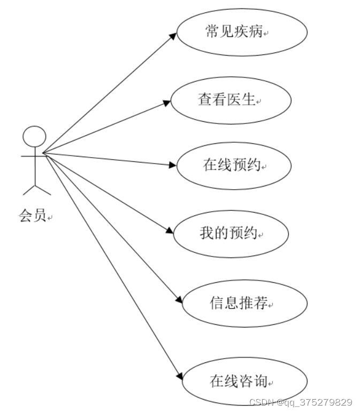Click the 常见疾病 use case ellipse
[242, 32]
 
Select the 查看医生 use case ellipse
[231, 100]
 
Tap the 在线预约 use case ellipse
[233, 166]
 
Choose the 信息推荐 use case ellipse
[244, 303]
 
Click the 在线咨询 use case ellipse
[244, 382]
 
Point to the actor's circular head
[34, 136]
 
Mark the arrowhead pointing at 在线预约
[172, 165]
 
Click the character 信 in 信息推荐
[216, 303]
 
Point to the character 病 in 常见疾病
[256, 32]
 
